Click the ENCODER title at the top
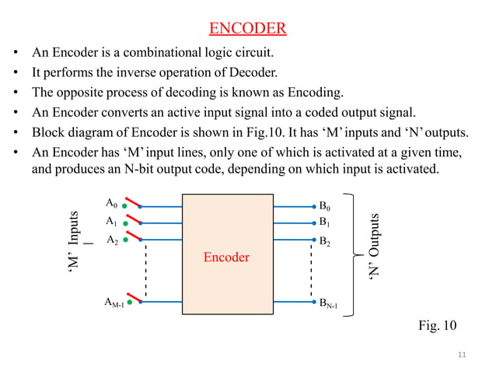point(248,30)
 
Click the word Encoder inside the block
point(226,256)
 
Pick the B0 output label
point(325,206)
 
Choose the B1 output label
point(325,222)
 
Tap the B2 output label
point(325,241)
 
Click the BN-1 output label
point(328,302)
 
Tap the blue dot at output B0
point(312,207)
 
